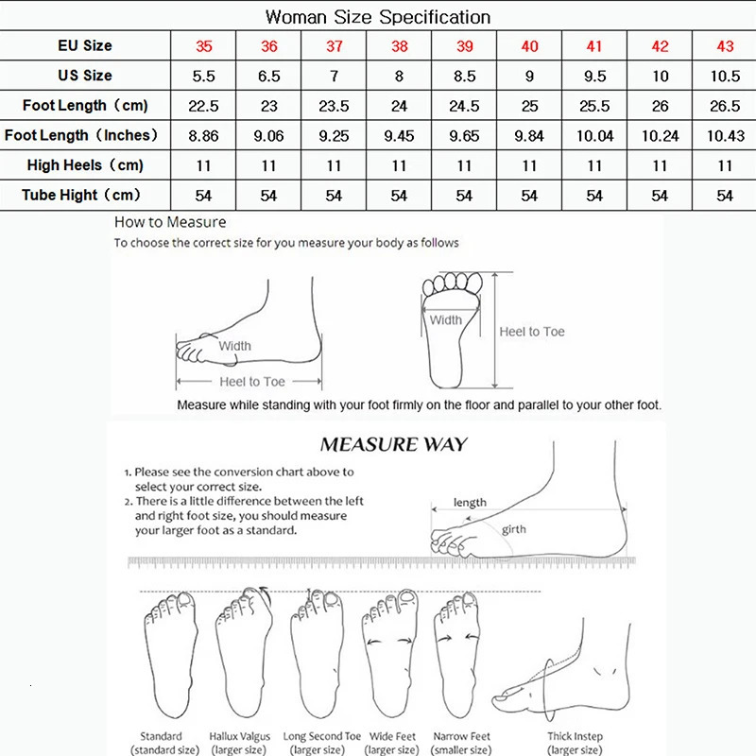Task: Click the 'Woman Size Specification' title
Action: click(378, 16)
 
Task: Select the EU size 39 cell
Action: click(464, 45)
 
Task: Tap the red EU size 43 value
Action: click(725, 45)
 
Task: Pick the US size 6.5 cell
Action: click(268, 76)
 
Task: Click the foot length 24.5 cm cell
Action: click(464, 106)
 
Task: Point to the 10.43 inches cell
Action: click(725, 136)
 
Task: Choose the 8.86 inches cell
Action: click(203, 136)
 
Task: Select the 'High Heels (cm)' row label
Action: click(85, 165)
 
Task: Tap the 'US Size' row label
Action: click(85, 76)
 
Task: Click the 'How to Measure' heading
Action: click(170, 223)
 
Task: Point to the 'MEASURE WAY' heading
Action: click(393, 444)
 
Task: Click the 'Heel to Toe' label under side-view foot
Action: click(251, 382)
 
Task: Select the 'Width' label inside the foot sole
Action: click(446, 320)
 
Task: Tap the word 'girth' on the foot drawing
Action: click(514, 529)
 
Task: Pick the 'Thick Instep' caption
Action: click(576, 736)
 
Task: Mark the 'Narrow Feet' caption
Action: click(461, 736)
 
